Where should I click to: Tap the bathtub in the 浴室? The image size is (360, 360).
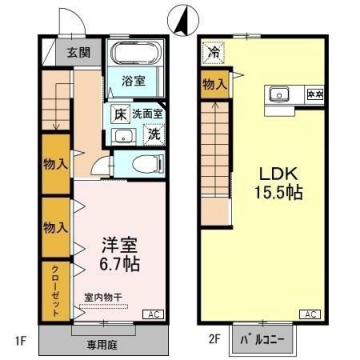pyautogui.click(x=131, y=56)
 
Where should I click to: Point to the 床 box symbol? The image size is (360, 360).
pyautogui.click(x=119, y=114)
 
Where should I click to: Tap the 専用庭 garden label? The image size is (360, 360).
pyautogui.click(x=102, y=341)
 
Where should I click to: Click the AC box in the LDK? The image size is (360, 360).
pyautogui.click(x=312, y=314)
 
